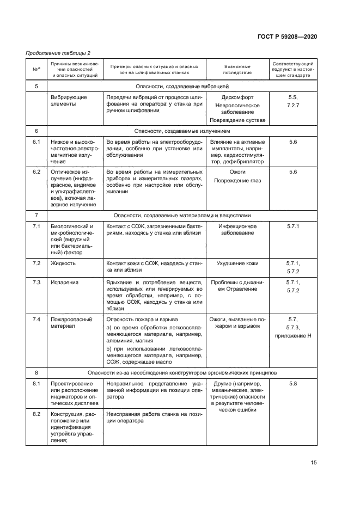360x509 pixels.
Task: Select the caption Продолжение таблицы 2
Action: point(58,53)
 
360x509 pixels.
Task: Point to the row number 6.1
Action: point(36,142)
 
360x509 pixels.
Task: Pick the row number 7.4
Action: point(36,319)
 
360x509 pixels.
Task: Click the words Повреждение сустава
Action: point(237,120)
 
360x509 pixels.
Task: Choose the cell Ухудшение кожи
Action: point(237,263)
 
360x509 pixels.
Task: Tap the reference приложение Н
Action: point(293,336)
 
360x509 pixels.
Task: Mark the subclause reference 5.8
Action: point(293,384)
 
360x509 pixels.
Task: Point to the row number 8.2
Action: point(36,414)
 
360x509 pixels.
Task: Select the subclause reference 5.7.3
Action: point(293,327)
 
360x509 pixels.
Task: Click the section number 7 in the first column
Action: point(36,214)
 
